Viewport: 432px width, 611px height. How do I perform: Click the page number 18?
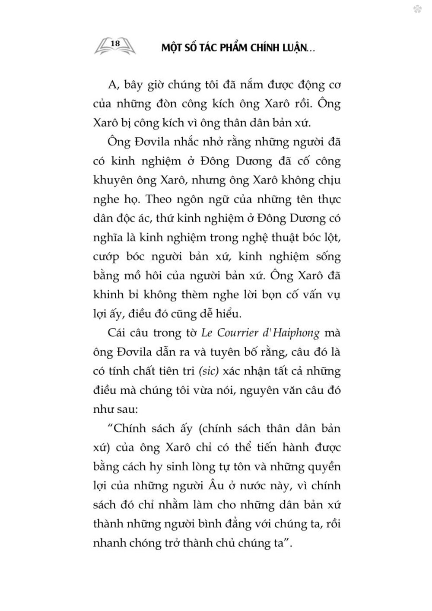[x=115, y=43]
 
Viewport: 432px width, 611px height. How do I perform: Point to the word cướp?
[x=105, y=256]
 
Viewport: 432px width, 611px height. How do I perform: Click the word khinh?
[x=105, y=294]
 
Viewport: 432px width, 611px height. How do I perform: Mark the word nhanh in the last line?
[x=108, y=542]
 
